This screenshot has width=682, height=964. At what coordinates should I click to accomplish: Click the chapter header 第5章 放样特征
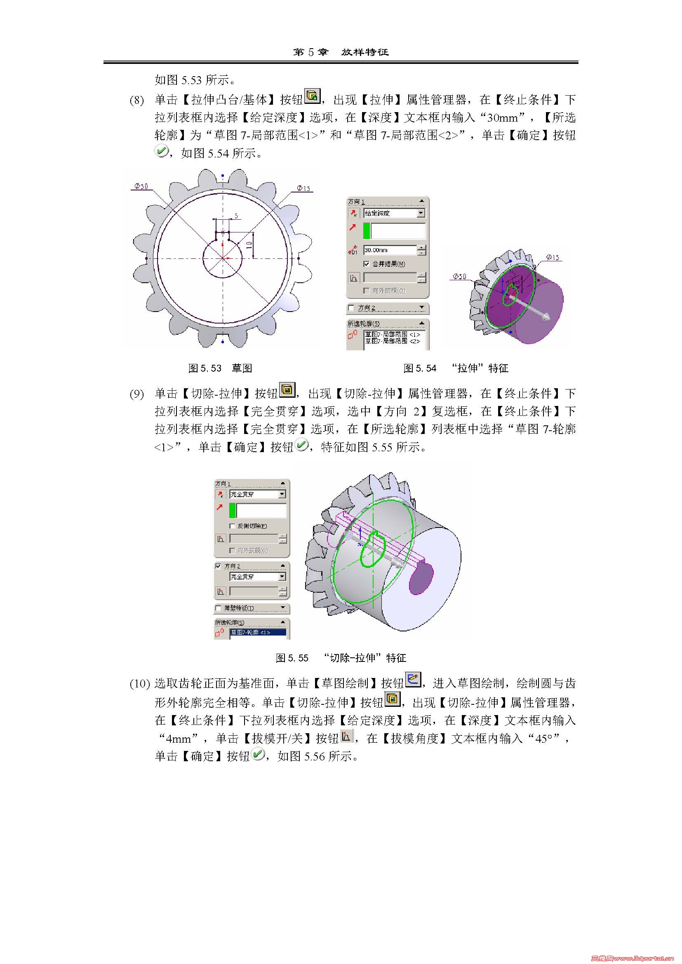coord(341,52)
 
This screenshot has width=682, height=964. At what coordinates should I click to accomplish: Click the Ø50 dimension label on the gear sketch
coord(141,186)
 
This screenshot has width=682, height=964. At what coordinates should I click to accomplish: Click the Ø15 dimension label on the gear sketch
coord(303,188)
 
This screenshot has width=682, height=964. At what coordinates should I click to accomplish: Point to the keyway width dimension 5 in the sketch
coord(236,216)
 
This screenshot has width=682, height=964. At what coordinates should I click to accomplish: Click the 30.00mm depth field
coord(390,250)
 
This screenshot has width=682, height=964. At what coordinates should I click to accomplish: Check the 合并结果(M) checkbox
coord(366,264)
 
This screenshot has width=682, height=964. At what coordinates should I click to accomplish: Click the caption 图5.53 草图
coord(220,368)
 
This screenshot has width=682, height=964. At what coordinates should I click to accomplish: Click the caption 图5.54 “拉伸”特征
coord(456,368)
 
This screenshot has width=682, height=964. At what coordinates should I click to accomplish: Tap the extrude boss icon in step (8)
coord(312,96)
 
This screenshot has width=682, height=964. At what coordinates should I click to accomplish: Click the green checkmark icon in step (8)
coord(161,151)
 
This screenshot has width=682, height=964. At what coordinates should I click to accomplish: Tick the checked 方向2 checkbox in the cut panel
coord(218,566)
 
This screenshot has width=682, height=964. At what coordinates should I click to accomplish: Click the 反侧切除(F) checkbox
coord(232,525)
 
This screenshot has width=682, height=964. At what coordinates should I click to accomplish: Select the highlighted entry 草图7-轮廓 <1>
coord(257,632)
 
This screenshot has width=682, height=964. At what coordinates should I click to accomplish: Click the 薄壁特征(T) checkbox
coord(218,608)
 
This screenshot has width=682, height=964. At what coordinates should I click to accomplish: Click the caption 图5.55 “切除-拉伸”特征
coord(341,658)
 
